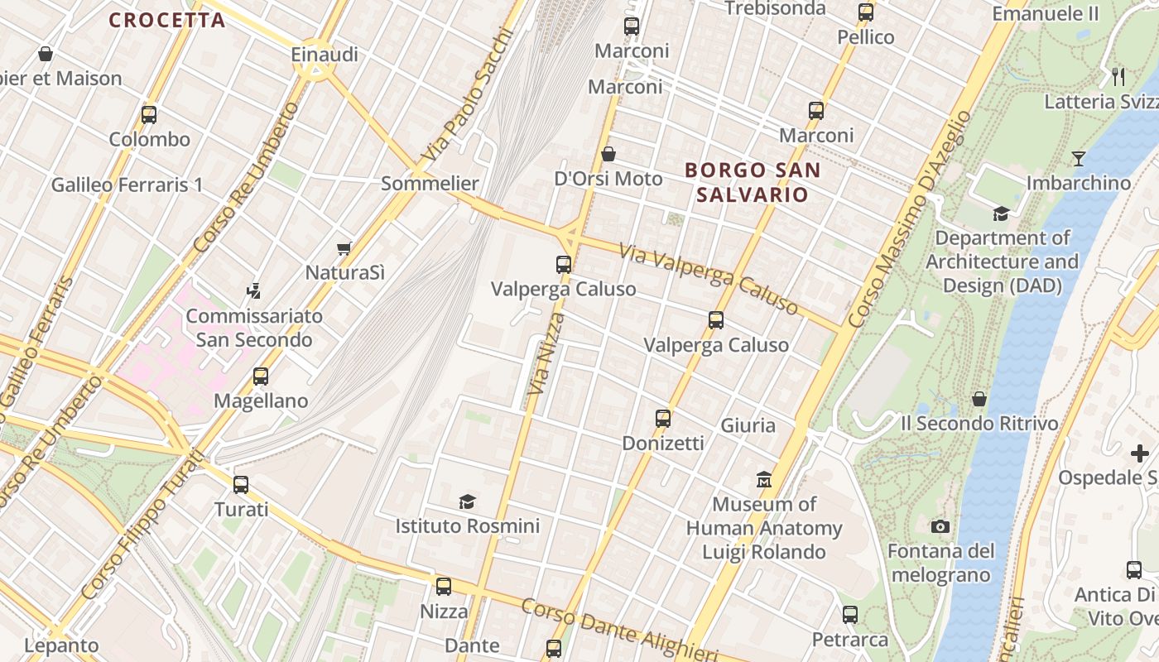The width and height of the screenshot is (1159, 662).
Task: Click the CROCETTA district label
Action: click(167, 20)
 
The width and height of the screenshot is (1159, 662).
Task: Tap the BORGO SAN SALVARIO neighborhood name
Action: click(753, 183)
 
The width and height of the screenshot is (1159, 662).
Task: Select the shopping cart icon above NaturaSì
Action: click(344, 248)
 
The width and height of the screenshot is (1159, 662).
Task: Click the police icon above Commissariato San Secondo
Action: click(254, 291)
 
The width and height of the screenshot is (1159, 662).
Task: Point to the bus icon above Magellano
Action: click(261, 377)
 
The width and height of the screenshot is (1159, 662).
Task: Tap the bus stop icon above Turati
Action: click(241, 485)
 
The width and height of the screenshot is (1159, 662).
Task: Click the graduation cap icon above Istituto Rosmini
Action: click(468, 501)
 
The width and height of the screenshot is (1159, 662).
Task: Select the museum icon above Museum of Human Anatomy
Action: click(764, 479)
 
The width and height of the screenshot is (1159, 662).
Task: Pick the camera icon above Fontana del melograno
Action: click(940, 526)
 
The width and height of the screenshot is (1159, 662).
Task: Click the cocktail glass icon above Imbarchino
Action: click(1079, 158)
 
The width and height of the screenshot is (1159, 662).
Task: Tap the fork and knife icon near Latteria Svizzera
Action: click(1118, 77)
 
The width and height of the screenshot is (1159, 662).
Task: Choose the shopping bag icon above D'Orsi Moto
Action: click(608, 154)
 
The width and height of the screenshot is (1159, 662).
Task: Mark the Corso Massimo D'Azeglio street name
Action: click(910, 217)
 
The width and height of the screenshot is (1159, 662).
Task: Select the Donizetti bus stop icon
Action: click(663, 419)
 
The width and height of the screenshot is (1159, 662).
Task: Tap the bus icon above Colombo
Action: click(149, 115)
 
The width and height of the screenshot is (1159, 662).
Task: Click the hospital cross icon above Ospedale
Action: click(1140, 453)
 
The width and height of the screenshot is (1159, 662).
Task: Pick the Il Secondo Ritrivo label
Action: click(979, 424)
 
